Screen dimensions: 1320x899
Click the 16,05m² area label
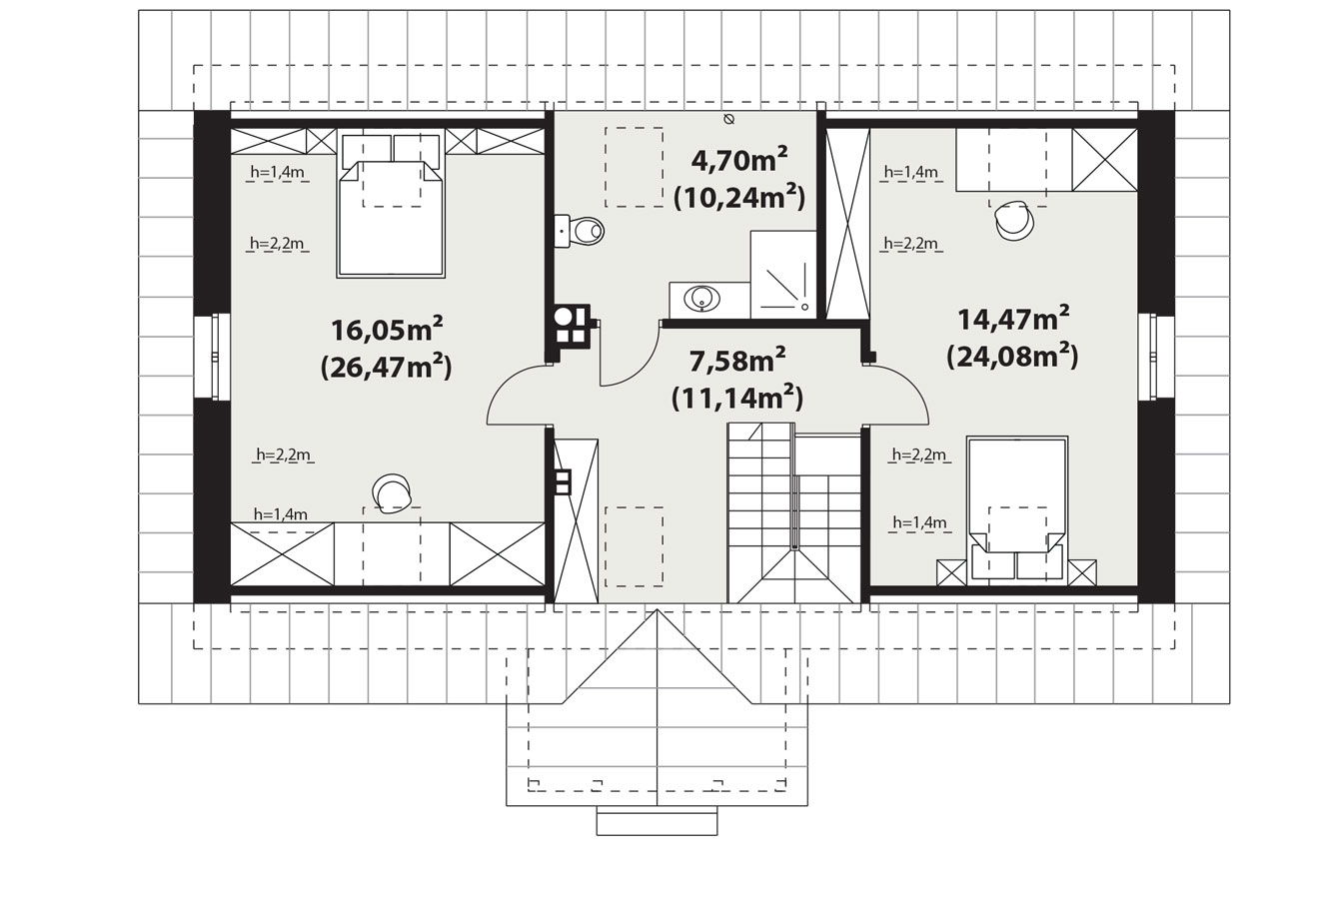click(x=387, y=329)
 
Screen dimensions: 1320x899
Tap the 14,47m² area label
click(x=1013, y=318)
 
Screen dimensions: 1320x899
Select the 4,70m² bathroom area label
click(x=739, y=159)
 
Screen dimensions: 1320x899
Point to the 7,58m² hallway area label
click(x=736, y=360)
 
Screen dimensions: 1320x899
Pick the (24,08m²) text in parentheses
click(x=1012, y=356)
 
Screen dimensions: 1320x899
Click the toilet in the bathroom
click(x=580, y=231)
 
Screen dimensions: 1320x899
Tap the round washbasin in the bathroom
click(x=701, y=299)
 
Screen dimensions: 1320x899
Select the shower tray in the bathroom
click(x=783, y=275)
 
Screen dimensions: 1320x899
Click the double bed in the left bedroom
click(x=390, y=206)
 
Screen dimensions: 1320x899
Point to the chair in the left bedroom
click(x=392, y=493)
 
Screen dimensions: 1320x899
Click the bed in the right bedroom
click(x=1017, y=510)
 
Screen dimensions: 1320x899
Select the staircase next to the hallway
click(x=793, y=512)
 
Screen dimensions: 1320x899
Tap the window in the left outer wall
click(x=212, y=357)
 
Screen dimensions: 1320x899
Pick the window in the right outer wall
click(x=1155, y=357)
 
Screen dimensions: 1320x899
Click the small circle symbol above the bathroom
click(x=728, y=120)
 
